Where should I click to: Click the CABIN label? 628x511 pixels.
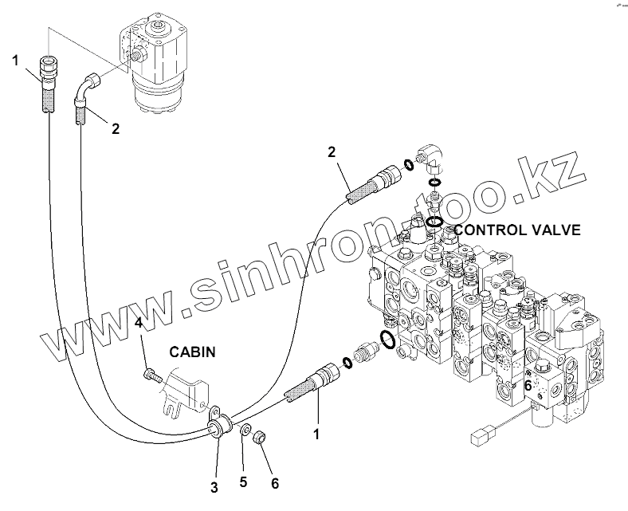(190, 351)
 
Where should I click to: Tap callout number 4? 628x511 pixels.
(138, 323)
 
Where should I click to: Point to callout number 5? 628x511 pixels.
(243, 482)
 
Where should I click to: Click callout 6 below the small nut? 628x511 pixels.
(275, 482)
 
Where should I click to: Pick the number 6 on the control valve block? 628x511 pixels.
(527, 385)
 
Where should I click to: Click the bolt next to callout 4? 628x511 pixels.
(151, 373)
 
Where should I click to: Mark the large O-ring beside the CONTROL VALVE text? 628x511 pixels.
(434, 222)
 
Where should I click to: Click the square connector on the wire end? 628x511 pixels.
(480, 437)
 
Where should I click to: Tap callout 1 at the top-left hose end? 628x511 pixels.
(15, 59)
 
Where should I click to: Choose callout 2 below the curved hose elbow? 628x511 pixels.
(116, 128)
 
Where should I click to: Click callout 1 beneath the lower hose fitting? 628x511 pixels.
(316, 434)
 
